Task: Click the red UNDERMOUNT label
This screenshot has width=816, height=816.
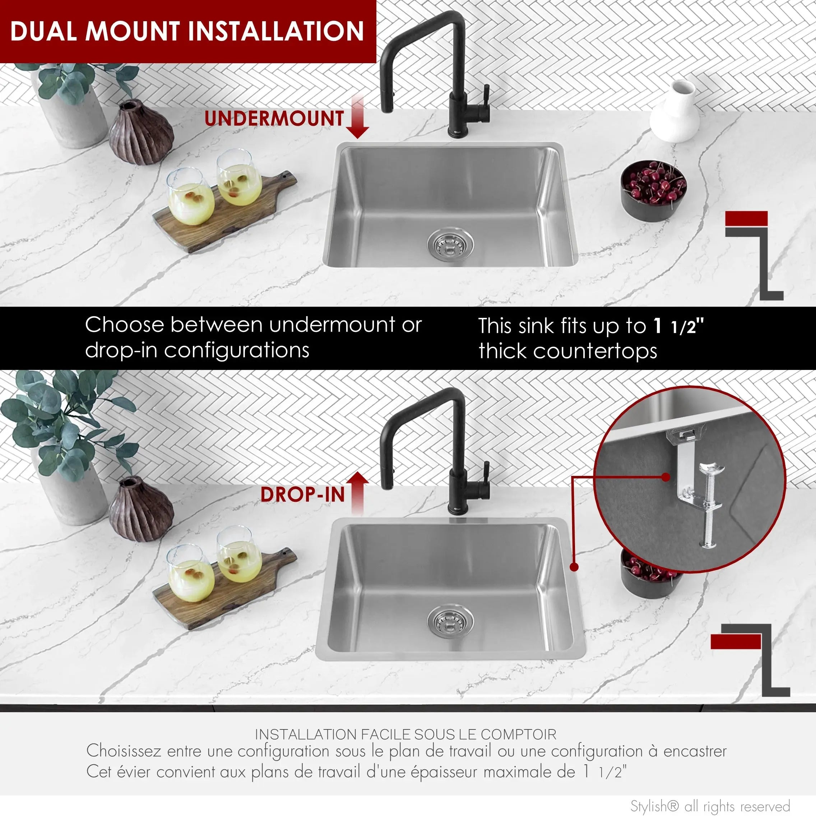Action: click(274, 118)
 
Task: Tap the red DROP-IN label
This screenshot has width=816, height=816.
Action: click(302, 495)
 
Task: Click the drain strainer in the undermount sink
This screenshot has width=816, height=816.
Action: click(450, 244)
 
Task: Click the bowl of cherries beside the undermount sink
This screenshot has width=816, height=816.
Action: click(653, 189)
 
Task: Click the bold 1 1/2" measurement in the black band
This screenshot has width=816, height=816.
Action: click(679, 326)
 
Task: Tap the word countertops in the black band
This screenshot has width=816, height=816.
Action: click(595, 351)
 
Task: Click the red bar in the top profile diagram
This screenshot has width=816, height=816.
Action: click(746, 218)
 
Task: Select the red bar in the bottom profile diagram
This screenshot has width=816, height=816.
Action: click(736, 642)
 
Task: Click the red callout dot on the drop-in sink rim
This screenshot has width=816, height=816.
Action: click(574, 567)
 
